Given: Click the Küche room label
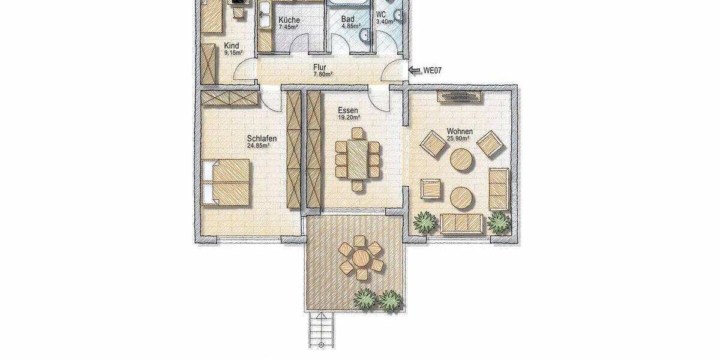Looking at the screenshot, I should click(x=289, y=20).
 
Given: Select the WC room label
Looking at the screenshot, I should click(x=382, y=14).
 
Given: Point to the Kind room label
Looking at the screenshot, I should click(x=232, y=46).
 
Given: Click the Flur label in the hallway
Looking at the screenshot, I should click(x=322, y=67).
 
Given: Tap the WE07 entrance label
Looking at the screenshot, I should click(x=433, y=70).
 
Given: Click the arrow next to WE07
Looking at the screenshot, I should click(x=415, y=70).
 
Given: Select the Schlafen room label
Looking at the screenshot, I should click(x=262, y=137).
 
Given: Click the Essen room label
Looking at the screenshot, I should click(x=348, y=110).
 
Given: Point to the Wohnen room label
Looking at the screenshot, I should click(x=460, y=131).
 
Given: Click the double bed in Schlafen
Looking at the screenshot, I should click(x=226, y=182).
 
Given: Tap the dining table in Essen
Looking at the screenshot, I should click(x=357, y=160).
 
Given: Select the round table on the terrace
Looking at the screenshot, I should click(x=360, y=258).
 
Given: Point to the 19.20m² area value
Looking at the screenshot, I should click(x=349, y=118).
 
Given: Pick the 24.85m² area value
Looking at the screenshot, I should click(x=258, y=145).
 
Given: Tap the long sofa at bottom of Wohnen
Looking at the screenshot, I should click(x=461, y=223).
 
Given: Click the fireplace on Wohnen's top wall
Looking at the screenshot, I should click(x=459, y=94).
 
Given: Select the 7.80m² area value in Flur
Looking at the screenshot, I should click(x=322, y=74).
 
